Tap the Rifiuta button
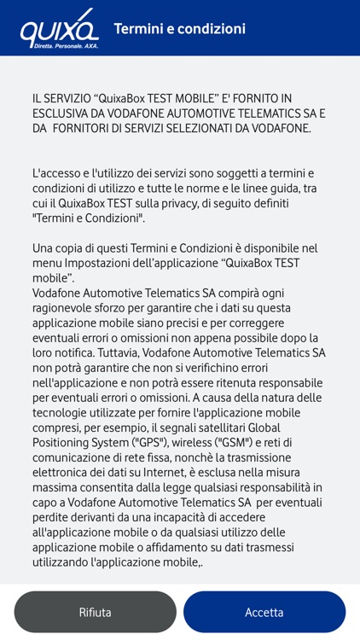(95, 612)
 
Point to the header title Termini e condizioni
(180, 29)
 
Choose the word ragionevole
(68, 307)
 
